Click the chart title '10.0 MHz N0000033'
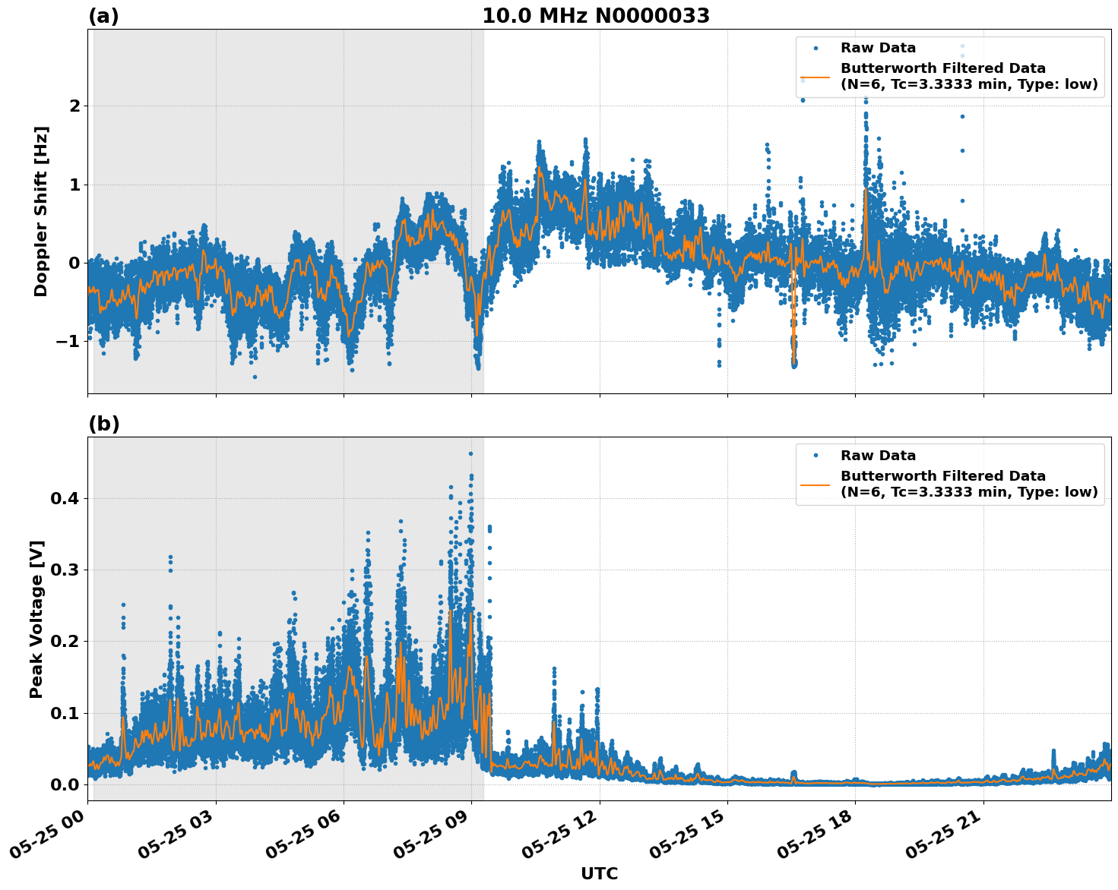point(595,16)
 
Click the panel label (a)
point(103,16)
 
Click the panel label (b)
point(103,424)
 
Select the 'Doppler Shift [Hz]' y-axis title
point(41,211)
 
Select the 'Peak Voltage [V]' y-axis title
point(36,619)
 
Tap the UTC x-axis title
point(599,873)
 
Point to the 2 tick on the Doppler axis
point(74,106)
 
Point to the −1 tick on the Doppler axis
point(68,342)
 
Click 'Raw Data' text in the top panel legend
point(878,49)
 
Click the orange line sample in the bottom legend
point(816,484)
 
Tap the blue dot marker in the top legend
point(816,49)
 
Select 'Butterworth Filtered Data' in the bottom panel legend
point(942,476)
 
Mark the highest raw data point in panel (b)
point(470,453)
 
